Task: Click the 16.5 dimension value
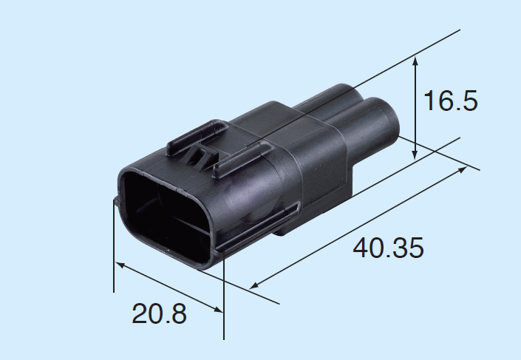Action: click(451, 101)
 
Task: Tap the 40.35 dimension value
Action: click(388, 248)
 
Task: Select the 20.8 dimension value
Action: click(159, 313)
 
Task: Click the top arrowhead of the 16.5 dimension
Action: click(415, 61)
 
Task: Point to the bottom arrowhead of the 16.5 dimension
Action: click(415, 154)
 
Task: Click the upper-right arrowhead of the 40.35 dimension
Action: click(462, 169)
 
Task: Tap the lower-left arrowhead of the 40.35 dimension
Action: click(254, 285)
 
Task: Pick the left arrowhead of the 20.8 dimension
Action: click(120, 265)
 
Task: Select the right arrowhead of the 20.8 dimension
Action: click(217, 309)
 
